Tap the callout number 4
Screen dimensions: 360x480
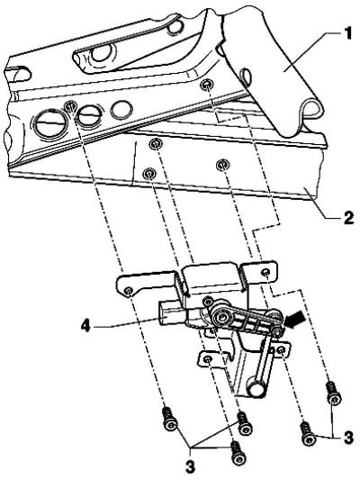[85, 326]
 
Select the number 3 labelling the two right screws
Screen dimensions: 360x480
[347, 438]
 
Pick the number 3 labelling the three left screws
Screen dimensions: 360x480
[190, 467]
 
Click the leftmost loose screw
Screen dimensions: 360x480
[169, 419]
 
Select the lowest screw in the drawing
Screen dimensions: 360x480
[238, 451]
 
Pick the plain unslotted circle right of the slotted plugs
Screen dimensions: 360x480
[121, 109]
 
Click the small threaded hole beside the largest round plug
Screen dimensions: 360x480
[70, 106]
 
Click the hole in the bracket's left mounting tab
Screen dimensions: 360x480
[129, 290]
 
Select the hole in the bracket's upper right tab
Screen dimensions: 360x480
[265, 272]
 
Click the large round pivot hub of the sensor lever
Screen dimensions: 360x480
[220, 319]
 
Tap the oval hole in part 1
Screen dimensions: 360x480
[247, 75]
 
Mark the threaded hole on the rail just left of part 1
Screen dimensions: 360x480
[207, 84]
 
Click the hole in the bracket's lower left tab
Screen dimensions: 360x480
[208, 358]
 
